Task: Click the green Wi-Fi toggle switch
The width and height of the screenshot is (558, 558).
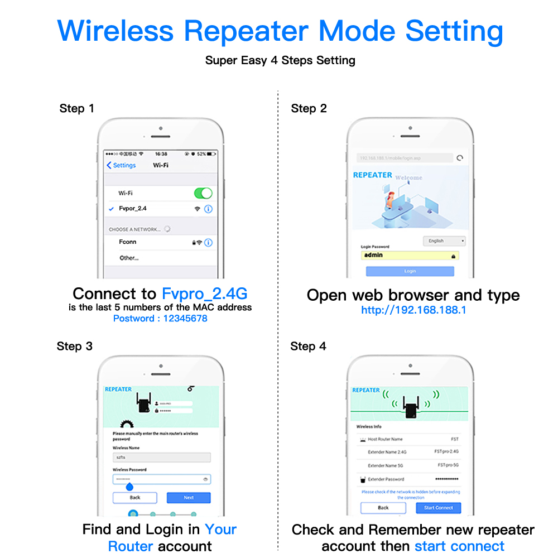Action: [x=203, y=193]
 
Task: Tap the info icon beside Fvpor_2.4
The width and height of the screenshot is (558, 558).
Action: [x=208, y=209]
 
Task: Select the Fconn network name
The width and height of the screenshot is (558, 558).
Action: [x=127, y=242]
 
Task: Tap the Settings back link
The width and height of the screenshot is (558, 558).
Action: [x=121, y=165]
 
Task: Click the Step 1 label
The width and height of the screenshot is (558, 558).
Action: [x=76, y=108]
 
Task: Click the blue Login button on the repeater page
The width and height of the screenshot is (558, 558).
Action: [x=410, y=271]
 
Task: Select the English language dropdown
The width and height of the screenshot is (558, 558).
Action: [x=444, y=241]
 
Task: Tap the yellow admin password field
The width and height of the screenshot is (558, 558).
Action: [x=410, y=256]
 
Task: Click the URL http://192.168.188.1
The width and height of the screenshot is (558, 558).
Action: [x=413, y=310]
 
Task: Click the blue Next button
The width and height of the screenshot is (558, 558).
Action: [x=189, y=498]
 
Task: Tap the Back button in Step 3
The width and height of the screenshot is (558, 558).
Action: [x=135, y=498]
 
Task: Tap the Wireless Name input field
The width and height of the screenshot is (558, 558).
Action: [x=161, y=458]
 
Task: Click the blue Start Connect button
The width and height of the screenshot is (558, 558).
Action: [x=439, y=508]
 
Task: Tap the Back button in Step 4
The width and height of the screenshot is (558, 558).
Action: [x=383, y=508]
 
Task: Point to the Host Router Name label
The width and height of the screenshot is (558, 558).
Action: [x=385, y=439]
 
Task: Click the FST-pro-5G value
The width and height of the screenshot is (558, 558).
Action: [x=448, y=465]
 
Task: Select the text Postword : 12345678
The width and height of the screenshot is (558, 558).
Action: [x=160, y=319]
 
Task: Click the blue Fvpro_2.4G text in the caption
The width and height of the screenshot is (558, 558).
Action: [x=204, y=294]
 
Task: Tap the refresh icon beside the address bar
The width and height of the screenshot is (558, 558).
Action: [x=460, y=158]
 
